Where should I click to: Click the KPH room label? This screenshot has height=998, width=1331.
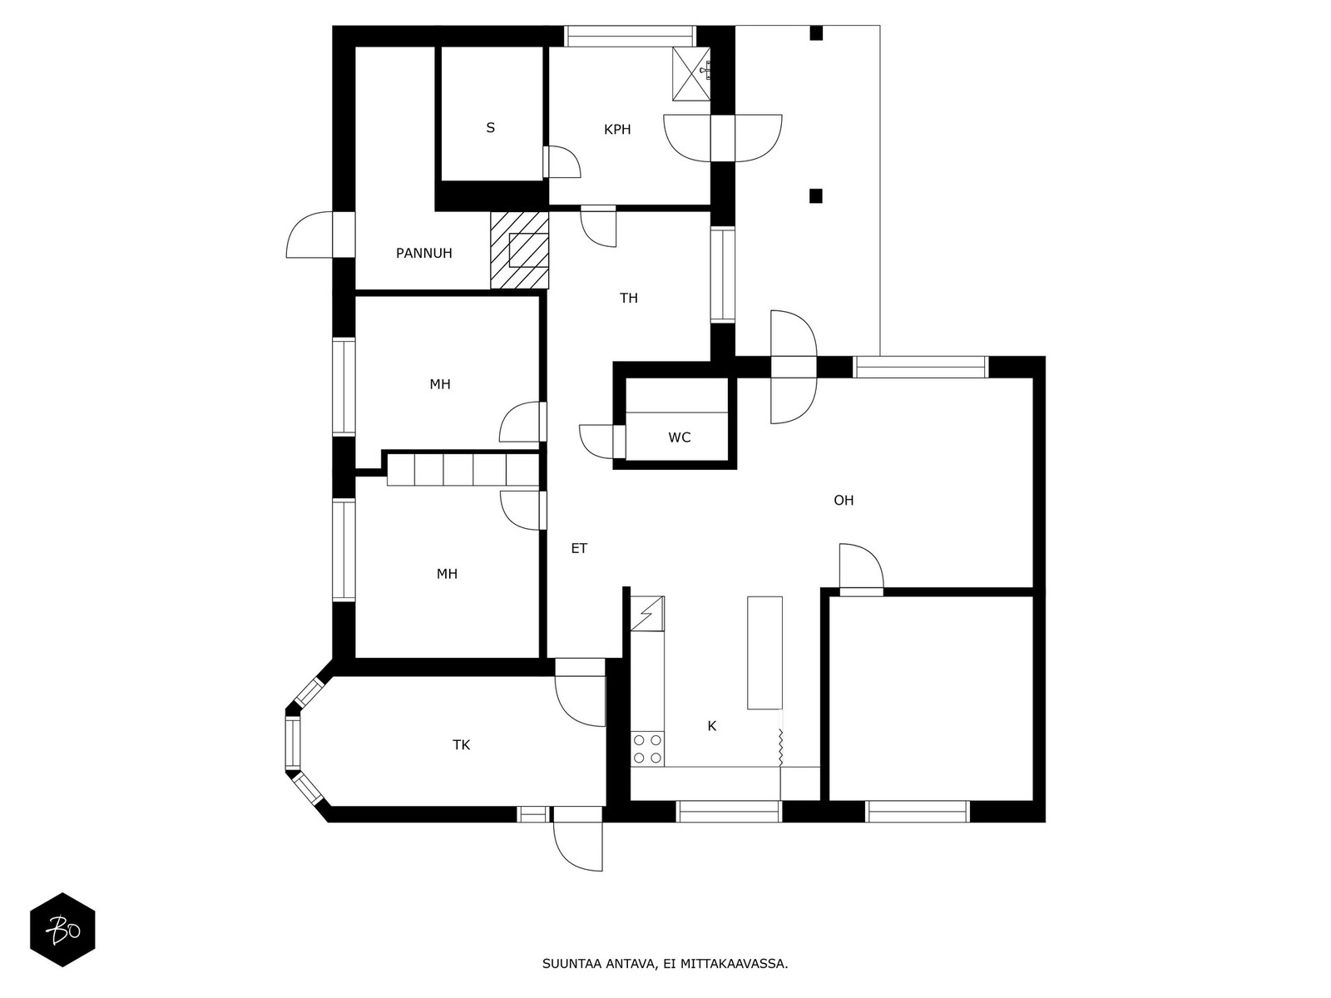coord(617,129)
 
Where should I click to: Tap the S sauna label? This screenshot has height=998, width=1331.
coord(491,127)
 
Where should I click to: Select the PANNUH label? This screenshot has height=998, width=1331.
coord(424,254)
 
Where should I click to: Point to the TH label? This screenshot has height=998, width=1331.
coord(629,298)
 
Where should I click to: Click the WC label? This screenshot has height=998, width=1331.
coord(679,437)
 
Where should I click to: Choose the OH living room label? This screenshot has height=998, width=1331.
coord(844,500)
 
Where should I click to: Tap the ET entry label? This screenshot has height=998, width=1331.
coord(579,548)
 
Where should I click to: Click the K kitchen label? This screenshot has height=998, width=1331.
coord(712,725)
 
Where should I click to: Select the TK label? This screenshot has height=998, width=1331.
coord(462,744)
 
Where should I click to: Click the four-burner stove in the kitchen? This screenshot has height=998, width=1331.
coord(647,748)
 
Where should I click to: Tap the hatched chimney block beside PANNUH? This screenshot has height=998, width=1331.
coord(519,249)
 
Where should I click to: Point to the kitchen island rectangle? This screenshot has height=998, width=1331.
coord(764,653)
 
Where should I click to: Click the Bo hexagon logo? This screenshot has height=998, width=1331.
coord(63,930)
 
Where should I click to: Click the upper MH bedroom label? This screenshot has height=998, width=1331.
coord(440,384)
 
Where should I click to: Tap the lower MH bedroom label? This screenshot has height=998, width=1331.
coord(447,574)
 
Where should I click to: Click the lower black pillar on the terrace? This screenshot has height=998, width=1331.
coord(815,195)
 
